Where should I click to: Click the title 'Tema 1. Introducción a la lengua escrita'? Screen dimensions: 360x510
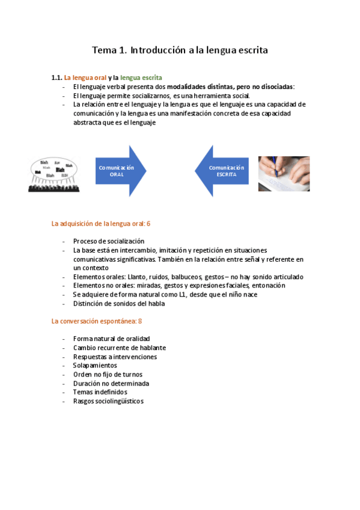click(x=180, y=51)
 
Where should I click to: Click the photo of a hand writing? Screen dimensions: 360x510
click(x=284, y=174)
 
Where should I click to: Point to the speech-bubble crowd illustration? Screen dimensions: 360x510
click(x=54, y=174)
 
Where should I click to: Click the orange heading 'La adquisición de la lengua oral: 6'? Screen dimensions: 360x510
click(x=100, y=224)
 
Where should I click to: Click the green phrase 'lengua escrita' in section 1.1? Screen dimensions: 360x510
click(x=141, y=78)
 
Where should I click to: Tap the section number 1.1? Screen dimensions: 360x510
click(x=57, y=78)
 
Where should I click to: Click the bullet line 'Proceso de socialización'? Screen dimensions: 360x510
click(x=109, y=241)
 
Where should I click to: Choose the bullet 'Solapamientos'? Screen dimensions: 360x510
click(x=95, y=366)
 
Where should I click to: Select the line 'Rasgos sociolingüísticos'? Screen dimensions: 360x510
click(x=108, y=401)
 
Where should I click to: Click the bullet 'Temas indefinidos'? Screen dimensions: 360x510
click(x=100, y=392)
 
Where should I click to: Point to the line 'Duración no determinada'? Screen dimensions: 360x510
click(x=111, y=383)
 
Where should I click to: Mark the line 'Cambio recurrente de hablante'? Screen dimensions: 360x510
click(x=119, y=348)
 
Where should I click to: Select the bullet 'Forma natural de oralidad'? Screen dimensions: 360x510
click(x=111, y=339)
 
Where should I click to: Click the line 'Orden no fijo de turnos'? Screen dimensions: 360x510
click(x=108, y=374)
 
